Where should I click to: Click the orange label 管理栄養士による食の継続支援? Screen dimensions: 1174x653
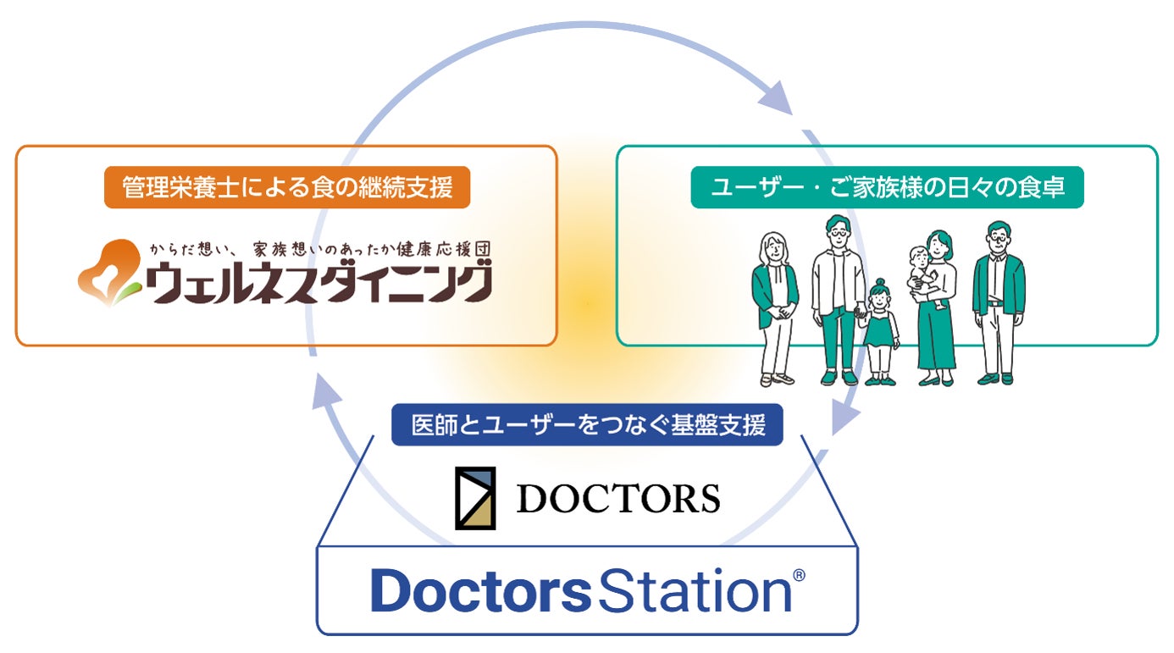coord(287,187)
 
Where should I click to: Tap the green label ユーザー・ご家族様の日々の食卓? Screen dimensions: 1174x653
coord(888,187)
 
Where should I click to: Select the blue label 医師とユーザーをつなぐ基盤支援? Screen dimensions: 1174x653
coord(587,424)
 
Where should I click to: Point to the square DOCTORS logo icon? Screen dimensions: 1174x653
coord(475,498)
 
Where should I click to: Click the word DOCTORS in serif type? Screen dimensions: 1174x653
coord(618,498)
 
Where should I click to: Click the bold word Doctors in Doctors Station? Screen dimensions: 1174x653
coord(481,590)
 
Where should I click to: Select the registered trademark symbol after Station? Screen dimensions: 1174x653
coord(800,575)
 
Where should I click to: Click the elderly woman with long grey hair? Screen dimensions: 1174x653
coord(775,309)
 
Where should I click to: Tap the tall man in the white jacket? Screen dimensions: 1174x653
coord(838,301)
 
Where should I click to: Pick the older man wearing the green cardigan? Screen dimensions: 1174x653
coord(999,303)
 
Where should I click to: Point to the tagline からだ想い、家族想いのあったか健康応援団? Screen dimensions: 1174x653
coord(320,249)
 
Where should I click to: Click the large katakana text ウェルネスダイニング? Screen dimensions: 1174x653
coord(318,283)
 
